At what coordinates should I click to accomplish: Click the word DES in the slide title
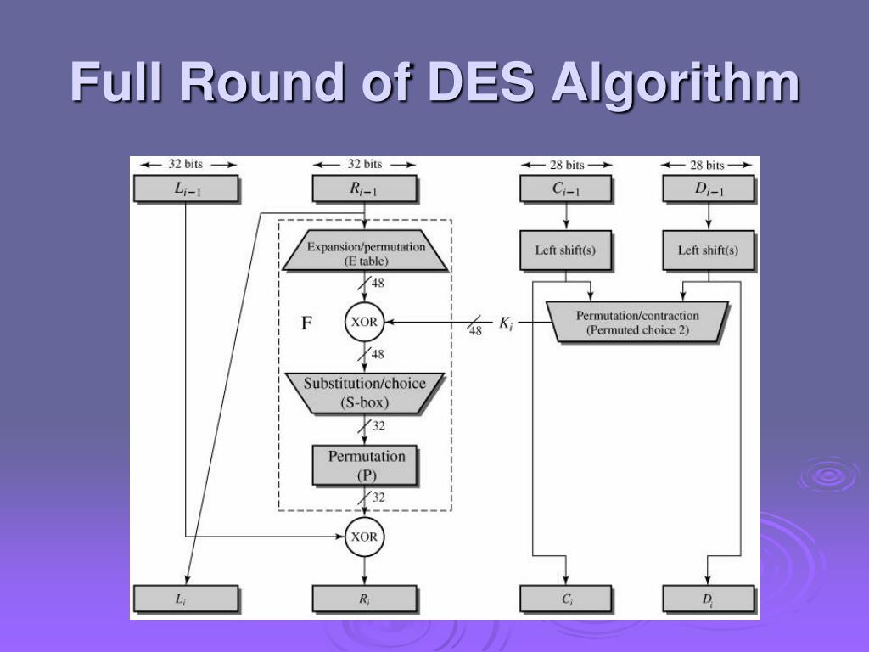tap(482, 83)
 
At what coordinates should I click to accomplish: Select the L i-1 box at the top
tap(187, 188)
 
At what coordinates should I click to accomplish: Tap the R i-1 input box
tap(364, 188)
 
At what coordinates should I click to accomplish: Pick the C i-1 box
tap(565, 188)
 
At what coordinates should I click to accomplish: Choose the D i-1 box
tap(708, 188)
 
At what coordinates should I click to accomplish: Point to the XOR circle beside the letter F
tap(365, 323)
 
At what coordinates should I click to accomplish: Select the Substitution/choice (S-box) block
tap(365, 392)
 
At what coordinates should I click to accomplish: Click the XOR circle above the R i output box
tap(365, 537)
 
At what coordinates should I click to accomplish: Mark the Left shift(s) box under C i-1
tap(565, 250)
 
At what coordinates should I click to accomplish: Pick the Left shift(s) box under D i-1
tap(708, 250)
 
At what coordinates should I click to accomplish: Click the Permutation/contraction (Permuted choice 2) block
tap(637, 323)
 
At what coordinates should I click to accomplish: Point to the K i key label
tap(506, 323)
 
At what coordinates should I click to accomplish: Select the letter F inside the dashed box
tap(307, 323)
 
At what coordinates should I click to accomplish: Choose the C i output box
tap(565, 599)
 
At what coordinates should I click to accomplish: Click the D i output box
tap(708, 599)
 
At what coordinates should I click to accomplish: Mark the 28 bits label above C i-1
tap(565, 165)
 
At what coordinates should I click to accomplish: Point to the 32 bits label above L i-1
tap(187, 165)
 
